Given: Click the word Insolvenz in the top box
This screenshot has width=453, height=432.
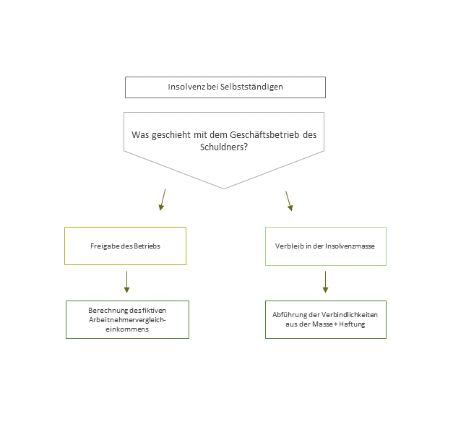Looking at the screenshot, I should pyautogui.click(x=184, y=87).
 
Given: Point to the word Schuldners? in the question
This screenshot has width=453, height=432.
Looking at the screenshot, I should pyautogui.click(x=224, y=147).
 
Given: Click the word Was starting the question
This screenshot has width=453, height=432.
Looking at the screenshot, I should pyautogui.click(x=140, y=135).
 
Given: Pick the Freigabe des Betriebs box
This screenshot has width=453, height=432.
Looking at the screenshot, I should pyautogui.click(x=125, y=246).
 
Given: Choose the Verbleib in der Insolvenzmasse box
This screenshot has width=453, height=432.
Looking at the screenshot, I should pyautogui.click(x=325, y=246).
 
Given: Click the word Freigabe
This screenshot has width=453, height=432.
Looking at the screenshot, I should pyautogui.click(x=105, y=246).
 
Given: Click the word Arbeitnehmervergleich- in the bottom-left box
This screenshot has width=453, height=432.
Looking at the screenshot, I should pyautogui.click(x=127, y=319).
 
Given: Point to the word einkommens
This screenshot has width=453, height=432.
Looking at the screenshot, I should pyautogui.click(x=127, y=329).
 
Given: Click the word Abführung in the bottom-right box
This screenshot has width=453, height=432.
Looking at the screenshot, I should pyautogui.click(x=287, y=315).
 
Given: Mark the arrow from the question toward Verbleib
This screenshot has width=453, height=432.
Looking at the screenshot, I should pyautogui.click(x=289, y=201).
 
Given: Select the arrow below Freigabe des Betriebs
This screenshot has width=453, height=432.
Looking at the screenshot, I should pyautogui.click(x=127, y=282).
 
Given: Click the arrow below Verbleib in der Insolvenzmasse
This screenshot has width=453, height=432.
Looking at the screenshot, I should pyautogui.click(x=325, y=282).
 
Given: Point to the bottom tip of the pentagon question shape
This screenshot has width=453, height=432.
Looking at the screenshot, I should pyautogui.click(x=224, y=188).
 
